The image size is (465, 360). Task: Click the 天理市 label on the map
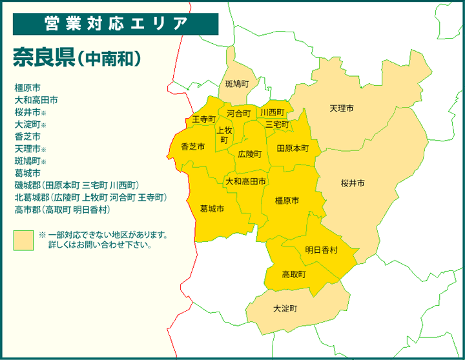[x=341, y=108]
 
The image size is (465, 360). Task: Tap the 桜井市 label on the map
[x=353, y=184]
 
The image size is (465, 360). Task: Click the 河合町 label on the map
[x=238, y=114]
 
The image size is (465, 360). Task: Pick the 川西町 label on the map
[x=272, y=113]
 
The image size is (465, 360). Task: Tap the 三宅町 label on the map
[x=277, y=124]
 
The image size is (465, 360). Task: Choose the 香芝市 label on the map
[x=192, y=147]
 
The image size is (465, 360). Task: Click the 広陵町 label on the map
[x=249, y=154]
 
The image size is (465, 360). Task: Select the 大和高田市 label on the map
[x=245, y=182]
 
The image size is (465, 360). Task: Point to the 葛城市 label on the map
[x=212, y=209]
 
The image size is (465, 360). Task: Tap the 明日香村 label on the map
[x=321, y=250]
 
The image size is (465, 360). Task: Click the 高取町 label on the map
[x=294, y=274]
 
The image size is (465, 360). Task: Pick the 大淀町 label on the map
[x=285, y=308]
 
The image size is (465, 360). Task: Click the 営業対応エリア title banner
[x=116, y=24]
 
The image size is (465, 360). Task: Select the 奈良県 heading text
[x=41, y=57]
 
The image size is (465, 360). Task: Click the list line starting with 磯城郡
[x=77, y=186]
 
